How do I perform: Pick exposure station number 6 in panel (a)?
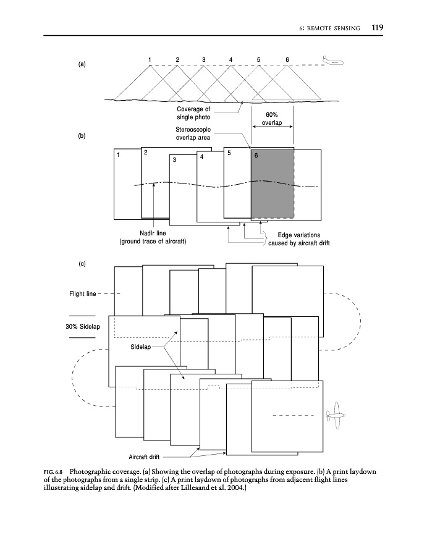(287, 59)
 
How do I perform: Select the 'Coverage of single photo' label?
(193, 113)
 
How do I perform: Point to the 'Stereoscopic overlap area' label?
(194, 133)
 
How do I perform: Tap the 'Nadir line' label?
(153, 234)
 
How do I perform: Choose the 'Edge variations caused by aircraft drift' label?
(299, 239)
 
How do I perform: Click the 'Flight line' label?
(82, 293)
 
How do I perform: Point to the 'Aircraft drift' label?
(145, 457)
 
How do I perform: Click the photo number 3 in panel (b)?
(175, 160)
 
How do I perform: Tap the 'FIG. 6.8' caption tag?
(57, 470)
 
